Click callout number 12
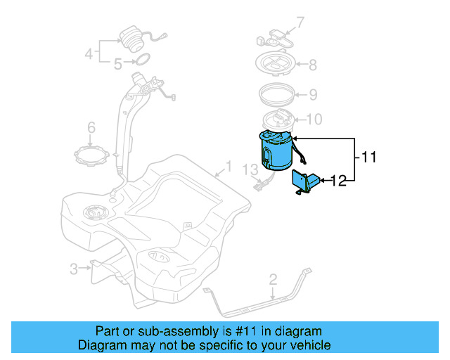(x=338, y=181)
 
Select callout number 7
(x=300, y=23)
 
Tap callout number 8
(x=312, y=65)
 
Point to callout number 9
(x=313, y=94)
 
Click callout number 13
(x=251, y=169)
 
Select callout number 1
(x=227, y=168)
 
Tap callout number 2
(x=273, y=282)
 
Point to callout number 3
(x=73, y=268)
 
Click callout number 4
(x=89, y=53)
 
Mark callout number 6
(x=91, y=127)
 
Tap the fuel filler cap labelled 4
(x=131, y=38)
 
